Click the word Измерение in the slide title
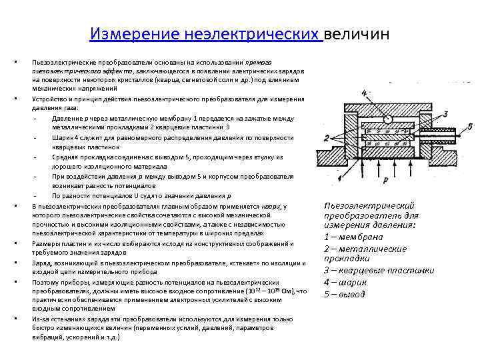pos(125,34)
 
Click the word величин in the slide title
pos(357,34)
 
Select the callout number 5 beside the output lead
pos(471,126)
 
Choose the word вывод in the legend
pos(353,294)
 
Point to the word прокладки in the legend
pos(347,259)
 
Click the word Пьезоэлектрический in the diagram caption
pos(369,206)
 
